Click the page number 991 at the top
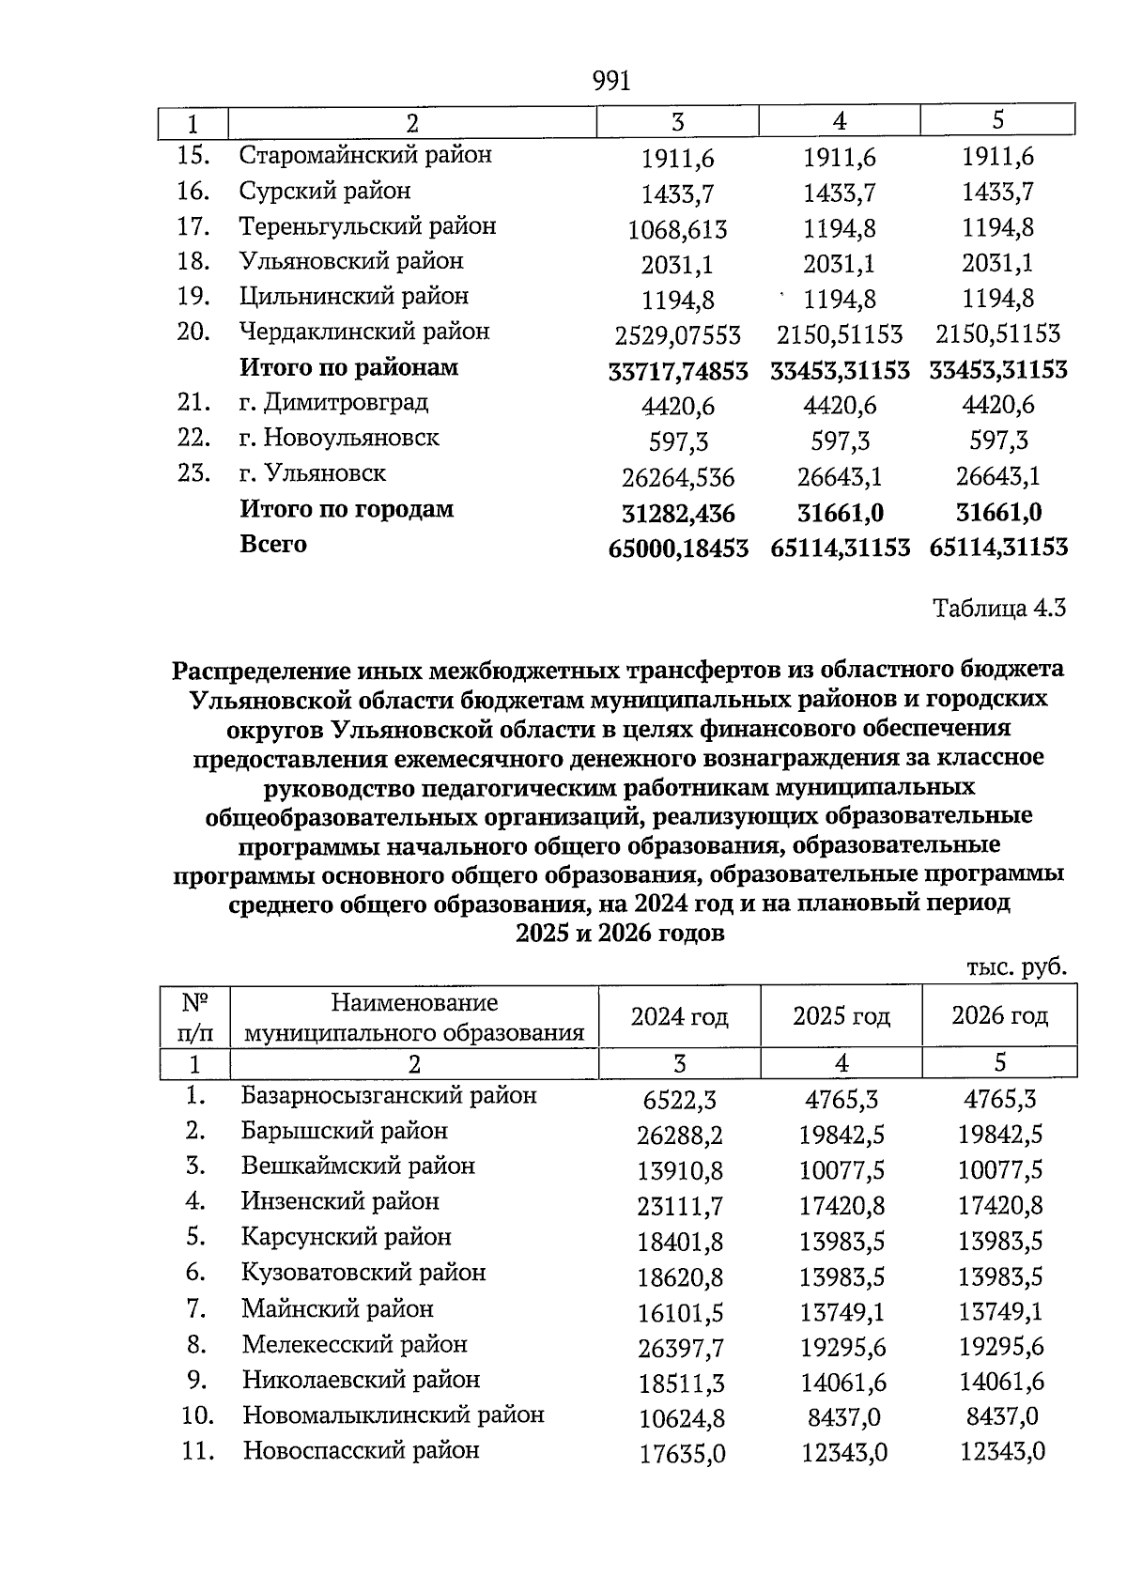[611, 82]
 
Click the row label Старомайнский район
[365, 155]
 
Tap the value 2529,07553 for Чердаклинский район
[677, 335]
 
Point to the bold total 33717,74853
[678, 372]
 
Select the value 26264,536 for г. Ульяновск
[677, 479]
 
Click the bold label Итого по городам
[347, 510]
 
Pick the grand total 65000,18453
[678, 549]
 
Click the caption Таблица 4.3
[998, 609]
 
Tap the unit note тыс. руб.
[1016, 968]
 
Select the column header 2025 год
[841, 1016]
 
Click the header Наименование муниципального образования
[414, 1018]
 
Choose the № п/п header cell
[194, 1018]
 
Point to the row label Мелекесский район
[354, 1345]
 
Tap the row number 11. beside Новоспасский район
[198, 1451]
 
